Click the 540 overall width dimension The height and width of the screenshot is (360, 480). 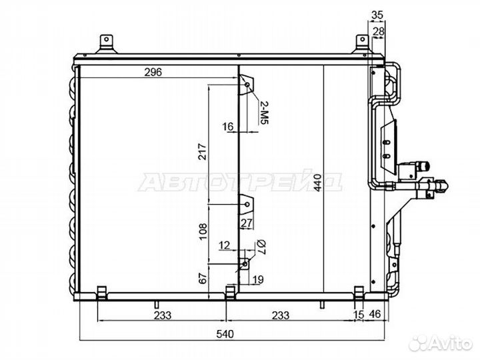coord(225,334)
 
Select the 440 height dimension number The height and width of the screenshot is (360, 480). coord(317,183)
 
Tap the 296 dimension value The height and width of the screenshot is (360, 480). coord(153,72)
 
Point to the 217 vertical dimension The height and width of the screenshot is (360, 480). coord(203,151)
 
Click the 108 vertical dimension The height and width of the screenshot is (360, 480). coord(203,232)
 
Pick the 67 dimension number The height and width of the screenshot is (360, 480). coord(203,278)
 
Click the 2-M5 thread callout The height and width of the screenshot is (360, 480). coord(264,113)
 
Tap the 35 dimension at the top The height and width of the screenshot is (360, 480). coord(377,15)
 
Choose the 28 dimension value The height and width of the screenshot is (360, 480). coord(379,31)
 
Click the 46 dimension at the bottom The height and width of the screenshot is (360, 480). coord(375,314)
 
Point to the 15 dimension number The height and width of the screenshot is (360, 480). coord(359,315)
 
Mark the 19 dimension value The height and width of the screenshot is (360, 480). coord(258,279)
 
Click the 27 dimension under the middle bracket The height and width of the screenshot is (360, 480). coord(247,223)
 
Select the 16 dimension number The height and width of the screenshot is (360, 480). coord(228,126)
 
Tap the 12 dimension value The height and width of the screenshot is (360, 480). coord(224,245)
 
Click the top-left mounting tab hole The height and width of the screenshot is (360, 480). coord(106,39)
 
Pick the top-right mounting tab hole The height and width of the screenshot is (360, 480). coord(363,39)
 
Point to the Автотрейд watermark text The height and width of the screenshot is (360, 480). coord(240,183)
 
